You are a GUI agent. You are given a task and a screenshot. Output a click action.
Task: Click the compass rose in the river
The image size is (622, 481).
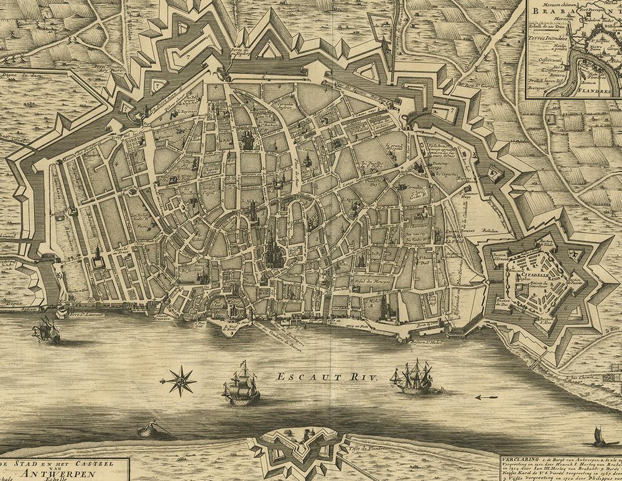179,380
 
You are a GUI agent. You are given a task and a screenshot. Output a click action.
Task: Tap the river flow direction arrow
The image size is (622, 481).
487,397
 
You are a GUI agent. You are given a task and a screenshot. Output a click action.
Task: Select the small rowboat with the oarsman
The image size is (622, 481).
148,429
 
